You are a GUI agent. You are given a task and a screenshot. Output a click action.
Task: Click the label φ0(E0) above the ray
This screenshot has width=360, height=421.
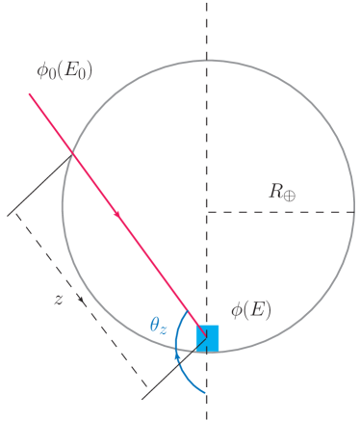pyautogui.click(x=64, y=70)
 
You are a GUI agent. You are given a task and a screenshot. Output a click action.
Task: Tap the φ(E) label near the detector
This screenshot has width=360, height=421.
pyautogui.click(x=251, y=310)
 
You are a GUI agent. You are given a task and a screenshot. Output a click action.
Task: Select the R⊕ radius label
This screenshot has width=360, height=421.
pyautogui.click(x=281, y=192)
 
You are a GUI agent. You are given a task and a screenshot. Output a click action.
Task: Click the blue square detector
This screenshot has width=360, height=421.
pyautogui.click(x=208, y=338)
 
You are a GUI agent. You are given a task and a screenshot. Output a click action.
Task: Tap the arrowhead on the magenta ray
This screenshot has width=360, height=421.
pyautogui.click(x=117, y=214)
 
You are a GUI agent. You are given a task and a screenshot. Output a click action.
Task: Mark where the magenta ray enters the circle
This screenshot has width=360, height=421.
pyautogui.click(x=72, y=154)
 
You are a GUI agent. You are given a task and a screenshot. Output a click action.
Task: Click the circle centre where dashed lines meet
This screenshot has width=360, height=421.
pyautogui.click(x=207, y=211)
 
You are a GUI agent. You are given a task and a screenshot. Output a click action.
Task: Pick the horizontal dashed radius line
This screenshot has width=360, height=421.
pyautogui.click(x=279, y=211)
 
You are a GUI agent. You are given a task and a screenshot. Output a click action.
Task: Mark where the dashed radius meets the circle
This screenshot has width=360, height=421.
pyautogui.click(x=354, y=211)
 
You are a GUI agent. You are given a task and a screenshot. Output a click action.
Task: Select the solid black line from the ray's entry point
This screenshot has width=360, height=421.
pyautogui.click(x=40, y=185)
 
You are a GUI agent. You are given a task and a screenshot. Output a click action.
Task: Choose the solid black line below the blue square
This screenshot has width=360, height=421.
pyautogui.click(x=173, y=369)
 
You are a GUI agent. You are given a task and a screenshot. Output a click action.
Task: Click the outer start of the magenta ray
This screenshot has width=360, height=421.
pyautogui.click(x=30, y=94)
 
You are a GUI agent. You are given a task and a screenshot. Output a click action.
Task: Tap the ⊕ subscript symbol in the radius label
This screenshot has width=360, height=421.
pyautogui.click(x=289, y=196)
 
